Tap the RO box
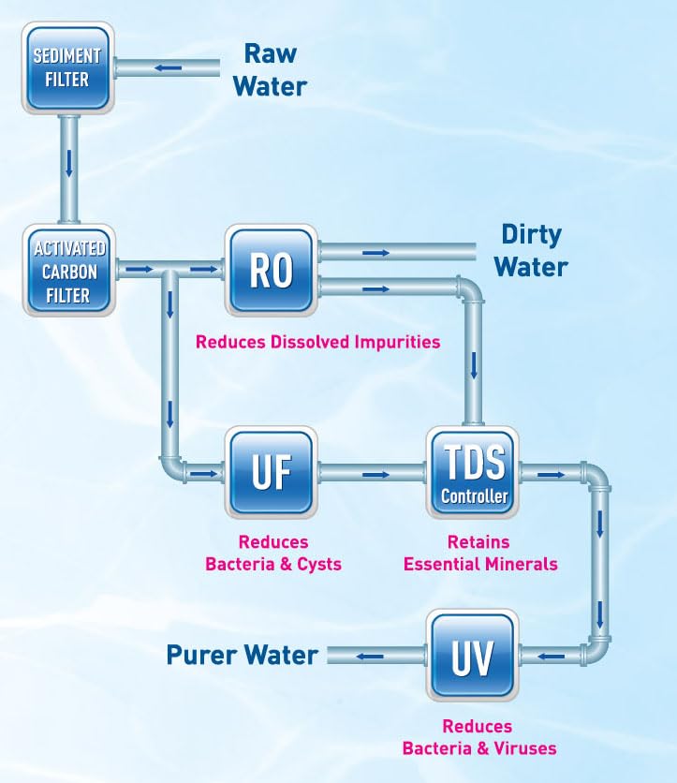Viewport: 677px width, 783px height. [271, 270]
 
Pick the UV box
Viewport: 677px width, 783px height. [473, 655]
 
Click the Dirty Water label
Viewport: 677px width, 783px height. [531, 249]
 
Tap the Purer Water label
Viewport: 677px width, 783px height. [243, 655]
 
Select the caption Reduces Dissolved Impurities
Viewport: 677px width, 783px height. [317, 342]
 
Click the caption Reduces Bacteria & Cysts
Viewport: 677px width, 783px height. [273, 554]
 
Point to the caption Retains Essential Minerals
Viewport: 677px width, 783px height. [479, 554]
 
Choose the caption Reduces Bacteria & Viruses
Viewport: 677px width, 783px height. [478, 737]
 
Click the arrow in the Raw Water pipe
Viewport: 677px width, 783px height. [169, 67]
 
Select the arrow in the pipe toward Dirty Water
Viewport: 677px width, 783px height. [375, 253]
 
